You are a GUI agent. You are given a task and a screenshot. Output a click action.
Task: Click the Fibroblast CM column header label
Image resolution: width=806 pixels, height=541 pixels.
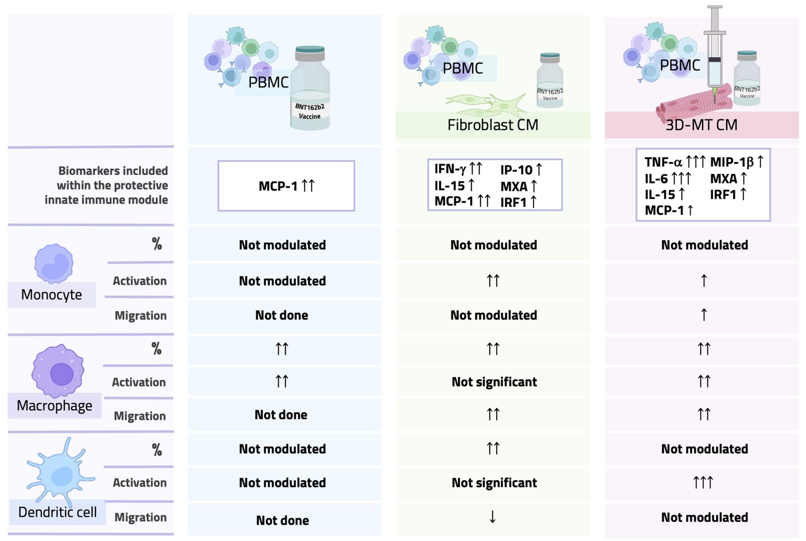tap(493, 125)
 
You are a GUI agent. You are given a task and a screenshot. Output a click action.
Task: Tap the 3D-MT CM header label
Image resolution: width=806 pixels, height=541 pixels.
tap(701, 125)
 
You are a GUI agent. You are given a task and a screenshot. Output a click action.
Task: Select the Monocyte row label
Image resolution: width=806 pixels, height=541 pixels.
tap(51, 295)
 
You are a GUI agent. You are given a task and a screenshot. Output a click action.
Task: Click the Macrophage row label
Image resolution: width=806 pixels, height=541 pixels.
tap(54, 406)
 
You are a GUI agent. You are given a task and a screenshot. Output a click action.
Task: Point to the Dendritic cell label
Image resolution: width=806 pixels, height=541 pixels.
tap(57, 512)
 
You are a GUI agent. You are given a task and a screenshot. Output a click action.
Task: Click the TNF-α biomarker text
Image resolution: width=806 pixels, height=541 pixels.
tap(663, 162)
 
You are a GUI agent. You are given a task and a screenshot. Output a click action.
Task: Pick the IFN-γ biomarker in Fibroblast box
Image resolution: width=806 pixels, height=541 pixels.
tap(450, 169)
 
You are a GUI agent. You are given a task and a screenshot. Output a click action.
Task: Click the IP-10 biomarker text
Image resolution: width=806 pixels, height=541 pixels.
tap(516, 170)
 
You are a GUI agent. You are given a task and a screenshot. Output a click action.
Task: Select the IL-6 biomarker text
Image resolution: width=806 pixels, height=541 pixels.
tap(656, 179)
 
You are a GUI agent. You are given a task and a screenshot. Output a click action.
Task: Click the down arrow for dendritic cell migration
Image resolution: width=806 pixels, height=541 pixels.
tap(492, 517)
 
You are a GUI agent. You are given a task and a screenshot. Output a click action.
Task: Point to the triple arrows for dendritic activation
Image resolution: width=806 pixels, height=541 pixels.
tap(703, 482)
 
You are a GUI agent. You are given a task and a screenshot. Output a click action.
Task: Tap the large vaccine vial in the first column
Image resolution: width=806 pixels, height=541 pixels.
tap(310, 89)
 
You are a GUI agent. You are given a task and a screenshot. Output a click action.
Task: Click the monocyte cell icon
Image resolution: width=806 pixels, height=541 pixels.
tap(54, 263)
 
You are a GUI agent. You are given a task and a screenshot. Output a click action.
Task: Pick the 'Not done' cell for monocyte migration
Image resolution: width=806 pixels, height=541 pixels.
tap(282, 315)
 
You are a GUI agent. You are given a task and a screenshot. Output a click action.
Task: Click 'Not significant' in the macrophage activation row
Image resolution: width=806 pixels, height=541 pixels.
tap(494, 382)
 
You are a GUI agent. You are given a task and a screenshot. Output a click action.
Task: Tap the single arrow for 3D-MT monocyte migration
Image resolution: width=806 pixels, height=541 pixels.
tap(704, 315)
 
